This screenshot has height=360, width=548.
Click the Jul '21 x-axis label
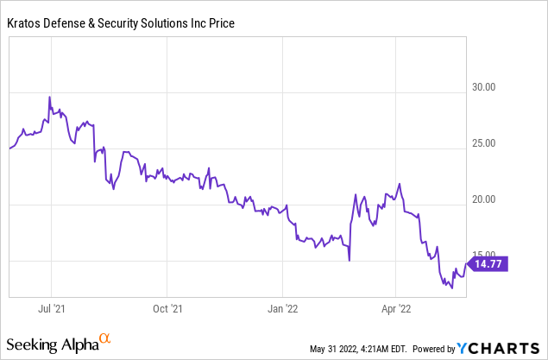coord(52,306)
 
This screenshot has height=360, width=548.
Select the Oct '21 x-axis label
coord(167,306)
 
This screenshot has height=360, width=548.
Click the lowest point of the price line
coord(452,288)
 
